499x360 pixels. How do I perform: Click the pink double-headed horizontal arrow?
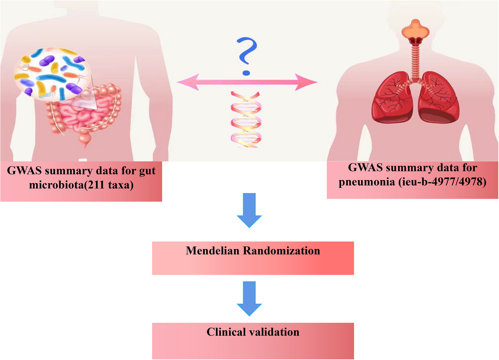click(x=247, y=82)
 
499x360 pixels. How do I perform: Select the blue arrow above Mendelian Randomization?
click(x=249, y=210)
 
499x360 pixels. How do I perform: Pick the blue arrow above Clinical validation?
click(x=249, y=298)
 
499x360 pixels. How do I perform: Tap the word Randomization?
click(x=282, y=251)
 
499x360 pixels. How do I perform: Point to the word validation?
click(x=275, y=332)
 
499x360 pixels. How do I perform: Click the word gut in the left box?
click(x=147, y=171)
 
